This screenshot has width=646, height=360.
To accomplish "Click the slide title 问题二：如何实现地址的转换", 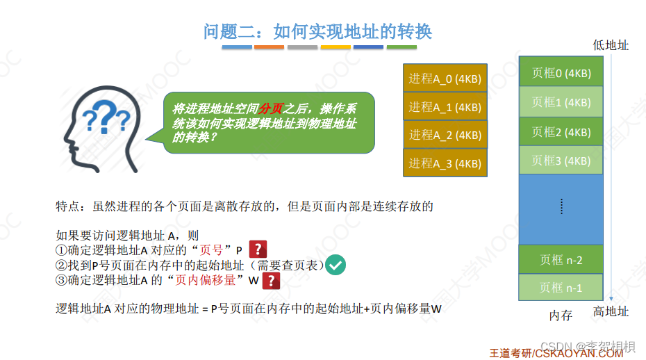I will coord(317,31).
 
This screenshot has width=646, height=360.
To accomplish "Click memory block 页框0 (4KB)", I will coord(561,72).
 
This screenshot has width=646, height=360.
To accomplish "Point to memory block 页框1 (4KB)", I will coord(561,101).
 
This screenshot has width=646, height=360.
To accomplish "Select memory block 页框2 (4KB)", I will coord(561,131).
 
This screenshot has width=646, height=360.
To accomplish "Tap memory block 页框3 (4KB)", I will coord(561,160).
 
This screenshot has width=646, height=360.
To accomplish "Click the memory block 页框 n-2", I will coord(561,260).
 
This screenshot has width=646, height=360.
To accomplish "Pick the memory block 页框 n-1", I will coord(561,287).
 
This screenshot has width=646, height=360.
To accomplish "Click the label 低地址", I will coord(611,45).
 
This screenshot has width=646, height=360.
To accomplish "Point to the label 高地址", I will coord(611,312).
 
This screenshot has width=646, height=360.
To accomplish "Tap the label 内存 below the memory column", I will coord(561,316).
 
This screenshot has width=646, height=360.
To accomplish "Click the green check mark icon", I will coord(336,265).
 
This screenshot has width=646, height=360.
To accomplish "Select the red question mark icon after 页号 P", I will coord(258,249).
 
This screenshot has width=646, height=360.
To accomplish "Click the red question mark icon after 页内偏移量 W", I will coord(270,281).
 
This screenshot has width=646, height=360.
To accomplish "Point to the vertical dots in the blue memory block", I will coord(561,206).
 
